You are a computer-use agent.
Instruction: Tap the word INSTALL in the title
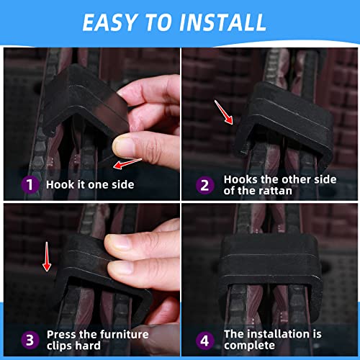(222, 22)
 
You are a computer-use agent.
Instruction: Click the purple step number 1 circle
(30, 185)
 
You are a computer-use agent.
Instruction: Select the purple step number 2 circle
(204, 185)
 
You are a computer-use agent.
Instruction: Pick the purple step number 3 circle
(30, 340)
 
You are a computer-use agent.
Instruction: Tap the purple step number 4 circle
(204, 341)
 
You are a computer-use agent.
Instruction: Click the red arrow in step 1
(127, 163)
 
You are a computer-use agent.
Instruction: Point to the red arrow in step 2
(224, 112)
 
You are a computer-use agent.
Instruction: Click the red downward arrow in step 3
(47, 256)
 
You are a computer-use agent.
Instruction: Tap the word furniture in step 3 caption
(124, 335)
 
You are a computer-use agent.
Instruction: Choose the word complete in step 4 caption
(249, 346)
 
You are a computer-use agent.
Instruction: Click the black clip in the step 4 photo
(271, 276)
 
